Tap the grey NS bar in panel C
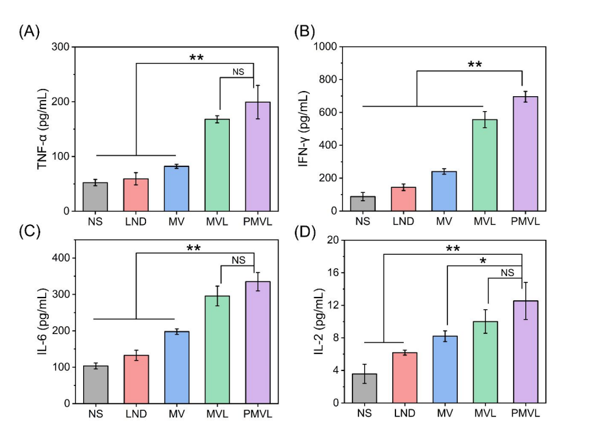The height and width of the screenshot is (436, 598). pyautogui.click(x=95, y=385)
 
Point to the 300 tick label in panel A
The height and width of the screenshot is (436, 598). pyautogui.click(x=60, y=47)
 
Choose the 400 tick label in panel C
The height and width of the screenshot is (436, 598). pyautogui.click(x=60, y=259)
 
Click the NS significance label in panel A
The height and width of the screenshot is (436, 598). pyautogui.click(x=238, y=71)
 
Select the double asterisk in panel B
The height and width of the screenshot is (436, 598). pyautogui.click(x=474, y=64)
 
